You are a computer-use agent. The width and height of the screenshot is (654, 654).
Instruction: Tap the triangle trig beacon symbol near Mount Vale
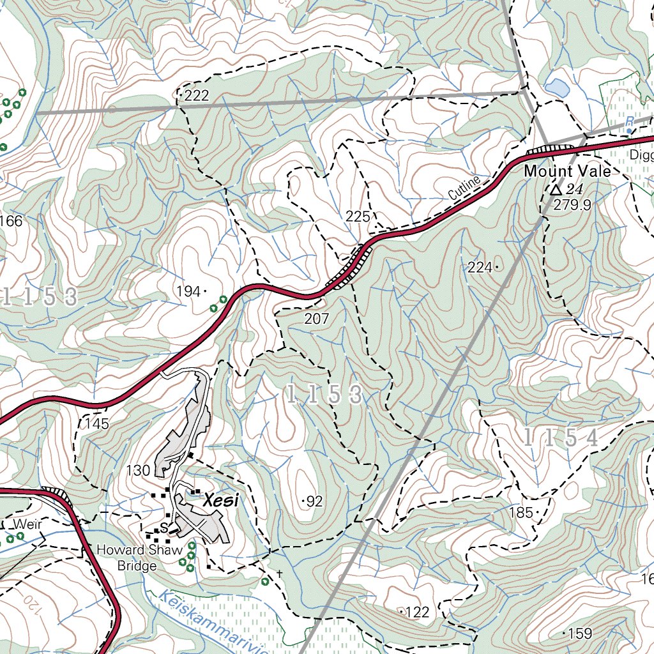coord(556,190)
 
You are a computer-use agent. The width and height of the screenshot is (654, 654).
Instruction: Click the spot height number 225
coord(358,217)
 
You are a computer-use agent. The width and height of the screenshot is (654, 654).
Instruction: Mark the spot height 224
coord(480,268)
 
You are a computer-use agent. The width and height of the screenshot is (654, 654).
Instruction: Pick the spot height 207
coord(317,319)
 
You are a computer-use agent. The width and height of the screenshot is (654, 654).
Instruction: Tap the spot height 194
coord(188,292)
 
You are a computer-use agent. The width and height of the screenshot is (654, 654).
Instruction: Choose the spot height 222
coord(196,96)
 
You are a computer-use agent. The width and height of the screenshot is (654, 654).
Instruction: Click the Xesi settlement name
coord(220,502)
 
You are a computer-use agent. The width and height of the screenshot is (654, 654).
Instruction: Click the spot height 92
coord(314,502)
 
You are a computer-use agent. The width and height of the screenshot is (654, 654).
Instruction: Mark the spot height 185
coord(521,512)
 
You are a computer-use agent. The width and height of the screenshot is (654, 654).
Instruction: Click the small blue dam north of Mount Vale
coord(556,87)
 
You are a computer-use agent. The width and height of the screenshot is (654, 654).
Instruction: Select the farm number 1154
coord(561,438)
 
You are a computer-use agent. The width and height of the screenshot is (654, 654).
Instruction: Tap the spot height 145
coord(96,423)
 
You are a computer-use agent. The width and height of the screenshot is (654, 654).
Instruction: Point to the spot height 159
coord(580,634)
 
